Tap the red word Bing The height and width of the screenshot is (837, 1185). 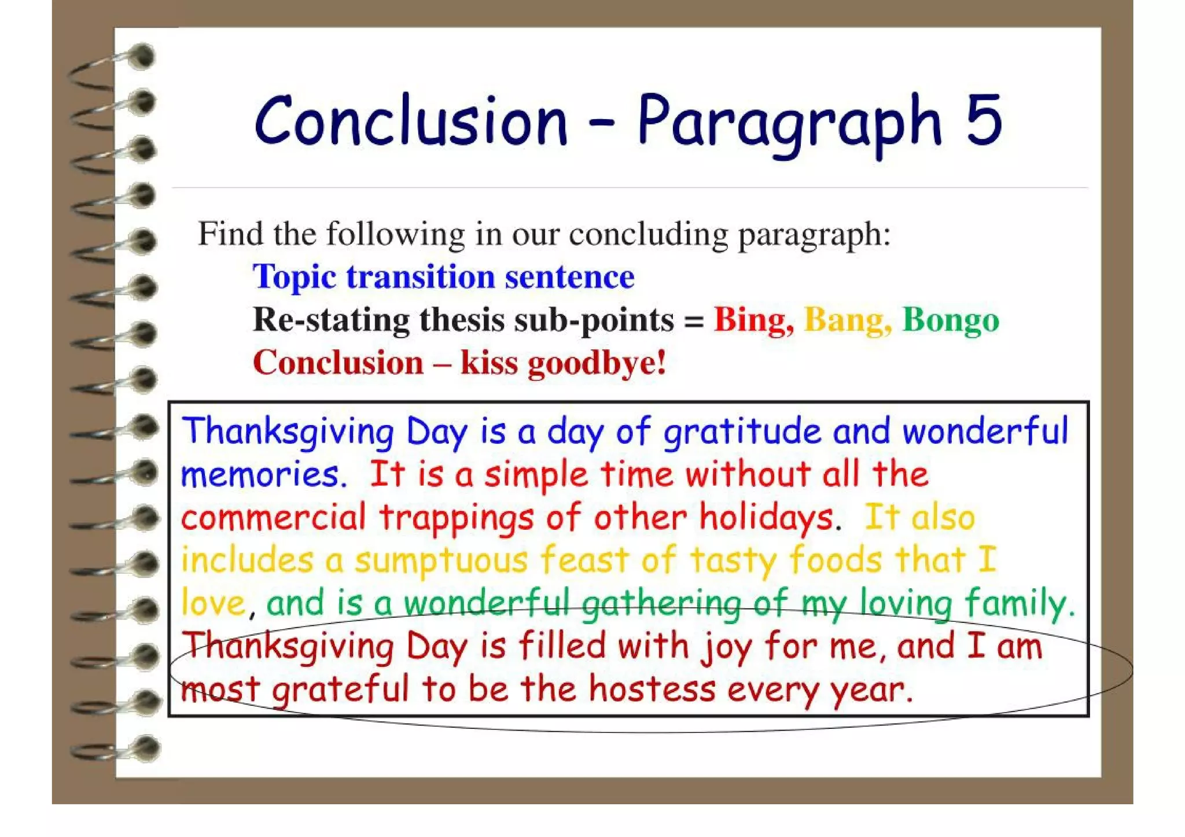pos(753,319)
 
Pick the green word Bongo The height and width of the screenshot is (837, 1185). pos(951,319)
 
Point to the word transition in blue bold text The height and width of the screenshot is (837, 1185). pos(421,276)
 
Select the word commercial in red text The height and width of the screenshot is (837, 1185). pos(273,517)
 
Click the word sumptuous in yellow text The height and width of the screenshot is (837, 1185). pos(441,560)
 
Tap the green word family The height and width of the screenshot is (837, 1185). pos(1019,603)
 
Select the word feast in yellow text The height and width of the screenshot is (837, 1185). pos(584,560)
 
